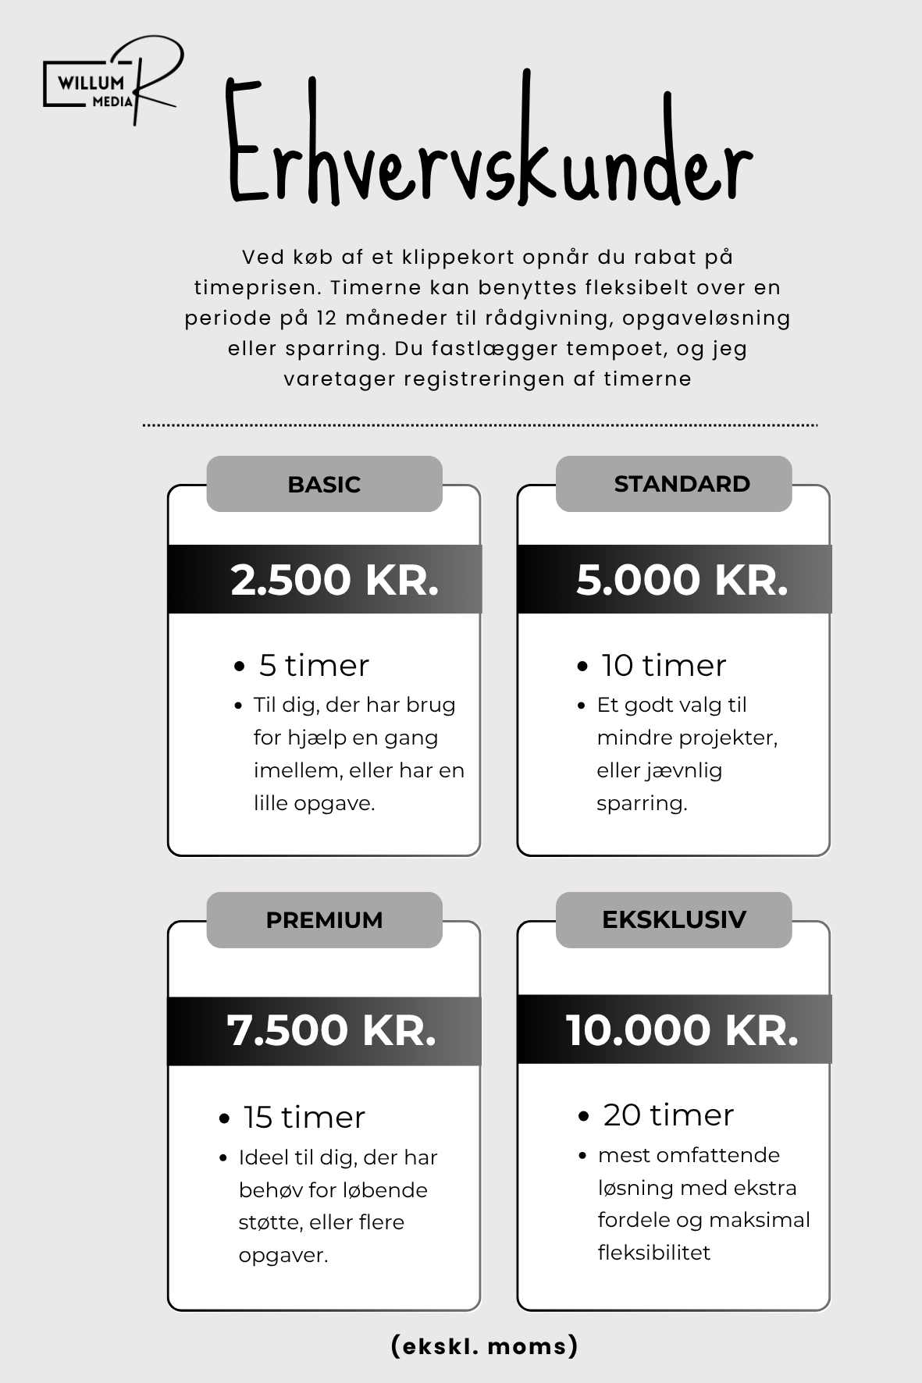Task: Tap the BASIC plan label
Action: pos(324,485)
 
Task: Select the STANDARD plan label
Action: pos(682,484)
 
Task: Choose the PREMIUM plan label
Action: pos(324,920)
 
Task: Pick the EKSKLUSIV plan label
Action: pos(674,919)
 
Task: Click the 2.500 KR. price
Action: pos(335,580)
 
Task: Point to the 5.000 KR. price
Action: pos(682,580)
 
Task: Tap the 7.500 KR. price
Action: pos(331,1030)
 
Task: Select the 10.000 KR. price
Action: pos(682,1030)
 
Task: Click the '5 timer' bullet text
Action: pos(314,666)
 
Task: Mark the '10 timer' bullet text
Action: pos(664,666)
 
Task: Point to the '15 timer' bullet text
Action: pos(304,1118)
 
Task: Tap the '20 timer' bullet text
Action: pos(668,1115)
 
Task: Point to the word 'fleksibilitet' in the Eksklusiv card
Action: pos(654,1253)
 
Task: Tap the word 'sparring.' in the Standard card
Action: pos(642,803)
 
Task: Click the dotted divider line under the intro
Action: pos(480,425)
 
